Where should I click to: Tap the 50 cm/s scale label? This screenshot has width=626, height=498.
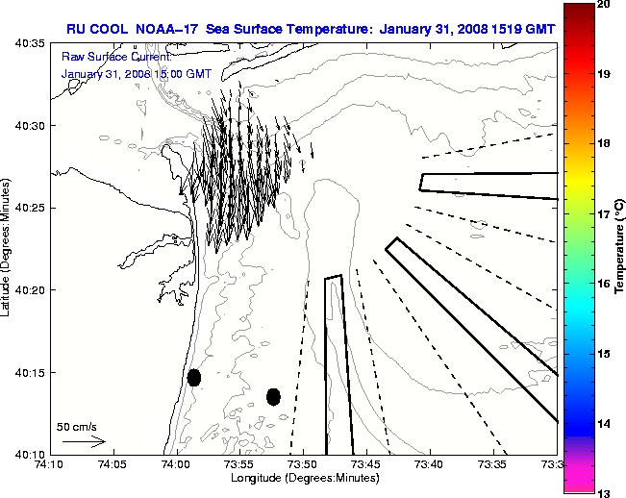coord(77,426)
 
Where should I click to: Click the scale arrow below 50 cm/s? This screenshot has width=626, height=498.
coord(84,441)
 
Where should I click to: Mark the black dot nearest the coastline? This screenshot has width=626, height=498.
coord(194,377)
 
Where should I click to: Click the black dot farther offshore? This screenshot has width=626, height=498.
coord(273,396)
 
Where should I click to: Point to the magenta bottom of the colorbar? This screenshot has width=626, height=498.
coord(578,481)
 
